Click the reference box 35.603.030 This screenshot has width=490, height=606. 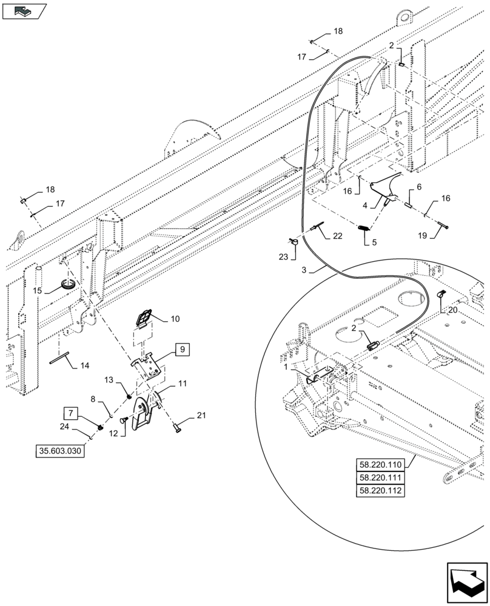(61, 451)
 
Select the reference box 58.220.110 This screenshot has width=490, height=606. (380, 465)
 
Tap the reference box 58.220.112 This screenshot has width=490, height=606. (380, 491)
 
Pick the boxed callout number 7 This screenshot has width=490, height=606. (71, 414)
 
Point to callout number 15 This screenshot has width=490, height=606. (38, 290)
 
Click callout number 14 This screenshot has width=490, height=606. (84, 365)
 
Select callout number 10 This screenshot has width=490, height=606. (175, 318)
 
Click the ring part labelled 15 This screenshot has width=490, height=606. (69, 284)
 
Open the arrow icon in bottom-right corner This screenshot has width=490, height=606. (466, 579)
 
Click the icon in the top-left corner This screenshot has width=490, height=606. (24, 10)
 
